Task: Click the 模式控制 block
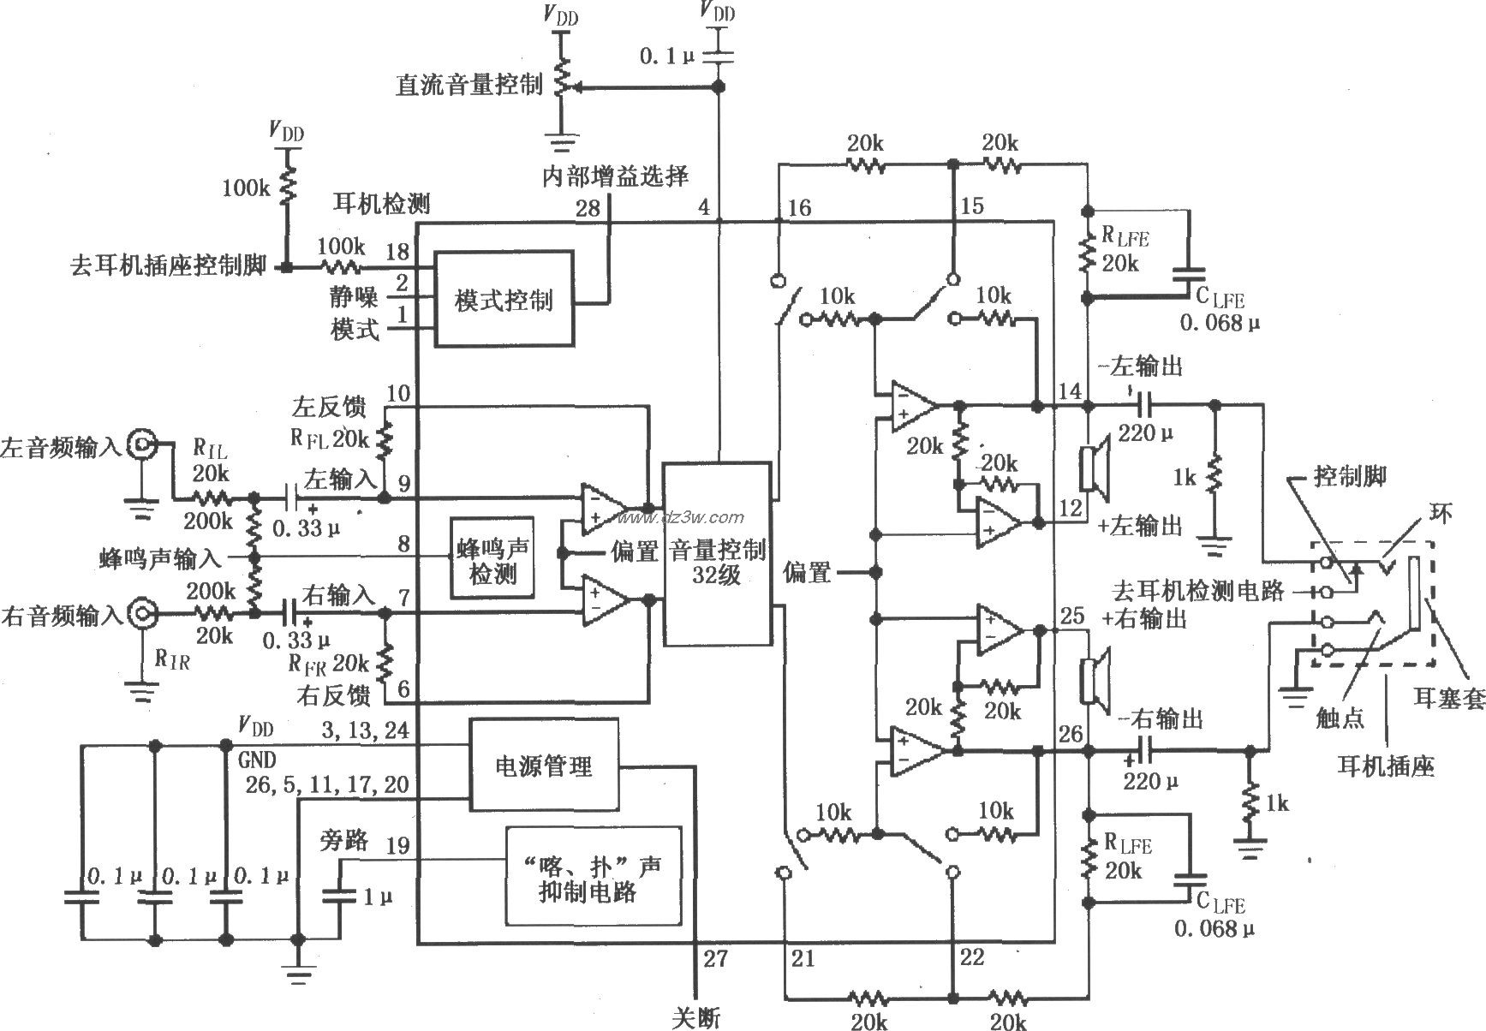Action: tap(504, 299)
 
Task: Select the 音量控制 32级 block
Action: tap(717, 554)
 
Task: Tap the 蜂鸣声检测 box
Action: tap(492, 557)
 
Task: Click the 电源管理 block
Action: tap(544, 765)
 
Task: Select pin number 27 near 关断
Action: tap(715, 958)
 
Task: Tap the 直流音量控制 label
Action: tap(468, 84)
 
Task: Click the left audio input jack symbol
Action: tap(141, 444)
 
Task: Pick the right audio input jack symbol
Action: tap(141, 613)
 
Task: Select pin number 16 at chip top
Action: tap(798, 208)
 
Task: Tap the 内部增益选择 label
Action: tap(615, 176)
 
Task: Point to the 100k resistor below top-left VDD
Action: tap(288, 184)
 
